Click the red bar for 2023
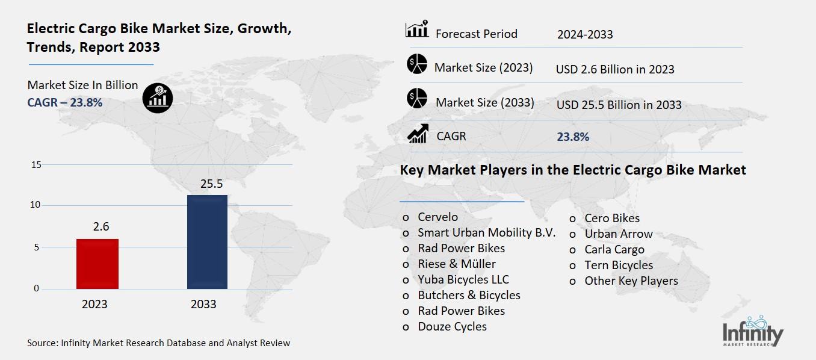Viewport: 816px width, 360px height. coord(97,264)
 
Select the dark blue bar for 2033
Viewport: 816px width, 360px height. coord(207,241)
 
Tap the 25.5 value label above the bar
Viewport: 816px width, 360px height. coord(207,184)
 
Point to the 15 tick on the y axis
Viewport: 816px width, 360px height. coord(36,164)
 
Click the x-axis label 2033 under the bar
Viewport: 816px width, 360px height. coord(203,304)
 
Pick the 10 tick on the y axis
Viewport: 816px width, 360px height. coord(36,205)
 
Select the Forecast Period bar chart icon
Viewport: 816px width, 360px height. coord(416,29)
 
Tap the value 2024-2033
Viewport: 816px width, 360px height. coord(585,34)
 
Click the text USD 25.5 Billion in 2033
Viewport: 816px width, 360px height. coord(619,105)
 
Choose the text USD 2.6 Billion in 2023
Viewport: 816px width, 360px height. coord(615,69)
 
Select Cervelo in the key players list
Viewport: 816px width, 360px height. coord(437,217)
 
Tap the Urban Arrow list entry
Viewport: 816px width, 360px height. coord(618,234)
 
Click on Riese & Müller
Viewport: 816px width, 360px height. coord(457,264)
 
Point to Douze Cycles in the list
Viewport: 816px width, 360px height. coord(452,326)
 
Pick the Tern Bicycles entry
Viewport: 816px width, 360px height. coord(618,265)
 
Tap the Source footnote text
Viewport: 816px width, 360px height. coord(159,343)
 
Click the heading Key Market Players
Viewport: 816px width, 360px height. coord(573,170)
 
